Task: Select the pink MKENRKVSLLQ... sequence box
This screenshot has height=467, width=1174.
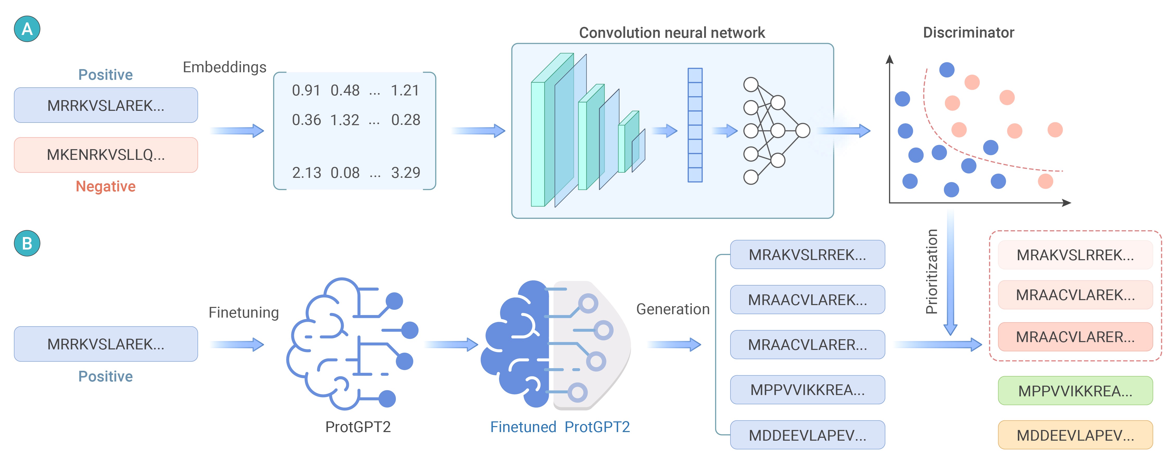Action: point(106,155)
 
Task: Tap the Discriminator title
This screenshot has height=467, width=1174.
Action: point(968,33)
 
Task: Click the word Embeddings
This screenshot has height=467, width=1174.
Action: point(224,67)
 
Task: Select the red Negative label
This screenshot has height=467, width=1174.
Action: point(106,186)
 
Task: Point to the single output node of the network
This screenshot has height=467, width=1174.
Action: point(803,130)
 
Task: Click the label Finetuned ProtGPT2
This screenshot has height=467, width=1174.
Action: point(560,427)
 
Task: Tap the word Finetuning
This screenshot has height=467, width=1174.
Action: point(243,312)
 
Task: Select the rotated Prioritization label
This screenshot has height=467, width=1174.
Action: point(932,271)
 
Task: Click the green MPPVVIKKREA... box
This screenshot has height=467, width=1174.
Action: point(1075,391)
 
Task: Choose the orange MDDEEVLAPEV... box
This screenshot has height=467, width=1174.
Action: point(1075,435)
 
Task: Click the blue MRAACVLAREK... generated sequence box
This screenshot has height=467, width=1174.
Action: point(807,300)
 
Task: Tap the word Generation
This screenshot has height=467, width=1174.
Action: point(673,309)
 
